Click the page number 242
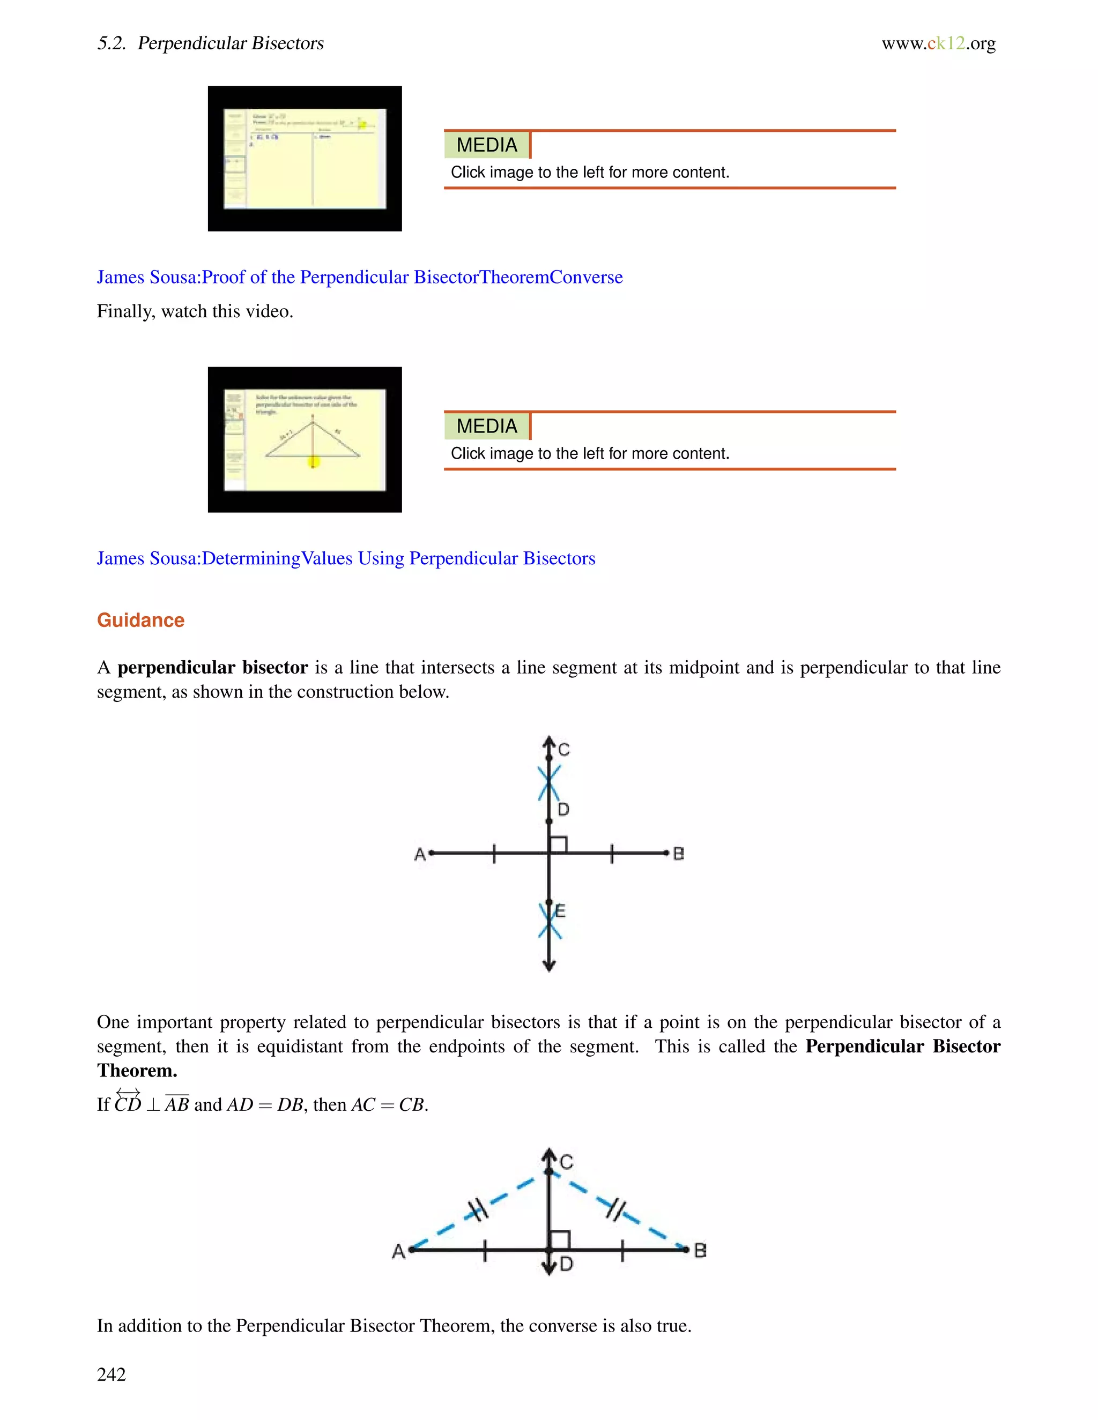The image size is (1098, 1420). point(111,1374)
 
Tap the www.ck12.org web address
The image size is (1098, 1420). point(938,43)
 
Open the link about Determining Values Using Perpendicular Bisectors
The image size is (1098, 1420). point(346,558)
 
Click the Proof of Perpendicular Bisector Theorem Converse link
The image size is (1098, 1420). point(360,277)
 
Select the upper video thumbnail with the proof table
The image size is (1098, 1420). point(305,159)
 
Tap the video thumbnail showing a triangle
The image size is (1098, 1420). point(305,439)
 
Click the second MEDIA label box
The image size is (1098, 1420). point(487,426)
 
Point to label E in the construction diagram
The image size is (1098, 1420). point(561,911)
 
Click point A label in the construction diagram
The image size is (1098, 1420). point(420,854)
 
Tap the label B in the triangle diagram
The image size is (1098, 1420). point(700,1250)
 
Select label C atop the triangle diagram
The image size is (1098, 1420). point(567,1162)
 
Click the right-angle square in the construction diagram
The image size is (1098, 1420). point(558,844)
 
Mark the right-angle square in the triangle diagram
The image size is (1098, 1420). point(559,1240)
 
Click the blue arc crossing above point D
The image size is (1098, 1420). point(549,783)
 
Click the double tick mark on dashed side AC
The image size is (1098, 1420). point(478,1210)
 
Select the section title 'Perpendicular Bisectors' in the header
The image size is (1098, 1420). point(231,43)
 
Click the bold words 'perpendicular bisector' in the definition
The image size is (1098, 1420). point(212,668)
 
